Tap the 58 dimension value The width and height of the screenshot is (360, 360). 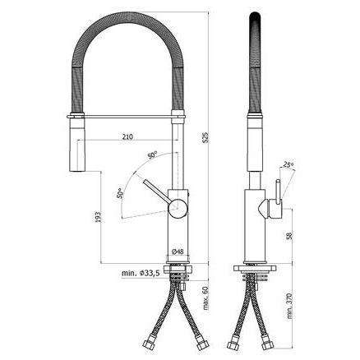pyautogui.click(x=288, y=236)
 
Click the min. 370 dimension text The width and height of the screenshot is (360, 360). pyautogui.click(x=288, y=306)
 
